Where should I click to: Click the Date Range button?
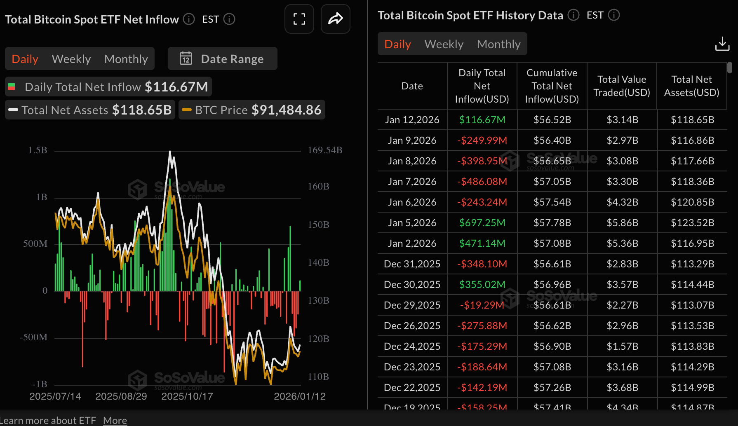tap(222, 59)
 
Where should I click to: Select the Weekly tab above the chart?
tap(71, 59)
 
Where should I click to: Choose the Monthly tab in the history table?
tap(498, 44)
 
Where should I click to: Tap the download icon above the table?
tap(722, 44)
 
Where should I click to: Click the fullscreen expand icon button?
tap(299, 19)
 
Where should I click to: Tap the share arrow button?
tap(335, 19)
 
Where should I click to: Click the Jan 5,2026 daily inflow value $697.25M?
tap(482, 223)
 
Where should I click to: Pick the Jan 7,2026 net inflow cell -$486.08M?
tap(482, 182)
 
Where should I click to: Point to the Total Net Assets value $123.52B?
tap(692, 223)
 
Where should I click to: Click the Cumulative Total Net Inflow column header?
tap(552, 86)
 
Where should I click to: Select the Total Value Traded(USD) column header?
tap(622, 86)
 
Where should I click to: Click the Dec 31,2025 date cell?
tap(412, 264)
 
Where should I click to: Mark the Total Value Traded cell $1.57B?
tap(622, 346)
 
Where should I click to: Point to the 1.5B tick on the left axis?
tap(38, 150)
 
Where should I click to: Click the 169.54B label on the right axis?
tap(325, 150)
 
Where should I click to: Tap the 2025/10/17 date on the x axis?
tap(187, 396)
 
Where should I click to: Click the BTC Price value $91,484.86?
tap(286, 110)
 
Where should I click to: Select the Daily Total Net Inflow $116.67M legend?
tap(108, 87)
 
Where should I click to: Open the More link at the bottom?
tap(115, 421)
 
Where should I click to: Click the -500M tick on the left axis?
tap(34, 337)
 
